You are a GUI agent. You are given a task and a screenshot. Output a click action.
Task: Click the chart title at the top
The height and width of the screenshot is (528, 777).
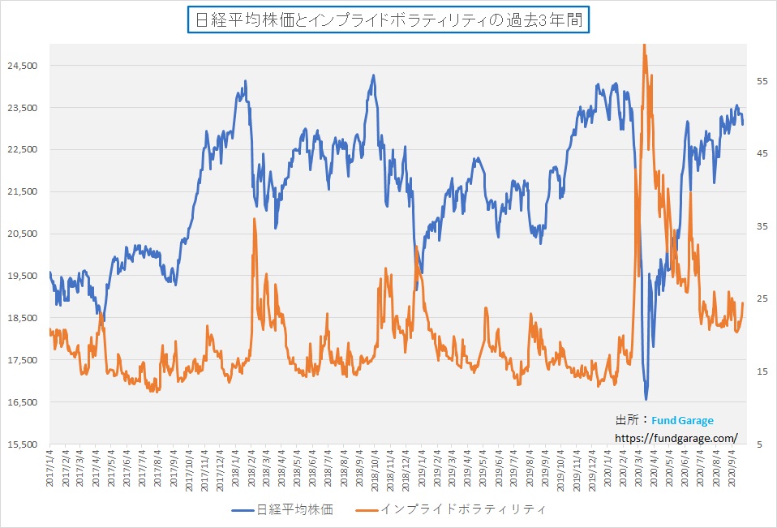[388, 21]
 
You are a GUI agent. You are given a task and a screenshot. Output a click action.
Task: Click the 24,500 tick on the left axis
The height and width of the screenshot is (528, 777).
[24, 65]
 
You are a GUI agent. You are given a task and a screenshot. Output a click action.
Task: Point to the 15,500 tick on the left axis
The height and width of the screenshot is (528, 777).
[24, 444]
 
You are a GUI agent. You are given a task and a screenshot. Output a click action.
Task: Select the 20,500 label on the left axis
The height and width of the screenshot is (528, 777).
[24, 234]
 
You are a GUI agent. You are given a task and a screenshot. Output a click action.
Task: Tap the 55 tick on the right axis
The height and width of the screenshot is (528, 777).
[762, 81]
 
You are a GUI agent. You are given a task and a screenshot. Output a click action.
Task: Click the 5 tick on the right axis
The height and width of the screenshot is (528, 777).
[758, 444]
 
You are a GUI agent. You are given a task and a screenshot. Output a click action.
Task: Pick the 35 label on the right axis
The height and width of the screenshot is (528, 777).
[762, 226]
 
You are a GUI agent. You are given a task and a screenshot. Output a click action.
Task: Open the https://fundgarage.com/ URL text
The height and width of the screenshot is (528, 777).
[676, 438]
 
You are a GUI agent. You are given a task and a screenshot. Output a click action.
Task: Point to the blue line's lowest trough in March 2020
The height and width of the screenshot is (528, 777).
[646, 399]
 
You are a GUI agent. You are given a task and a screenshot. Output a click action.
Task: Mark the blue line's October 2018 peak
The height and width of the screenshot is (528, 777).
[373, 75]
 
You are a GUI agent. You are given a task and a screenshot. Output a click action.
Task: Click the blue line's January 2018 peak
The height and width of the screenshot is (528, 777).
[246, 81]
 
